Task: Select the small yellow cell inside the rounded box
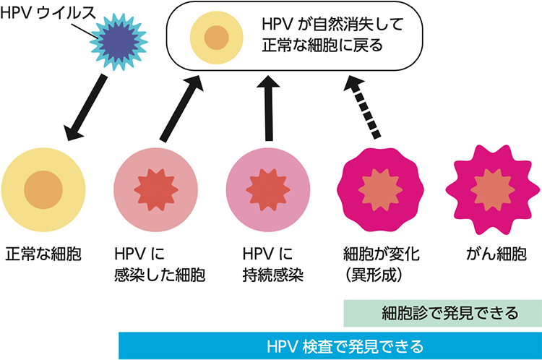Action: (x=215, y=37)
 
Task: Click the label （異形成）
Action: (x=378, y=275)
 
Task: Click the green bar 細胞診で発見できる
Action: (x=441, y=313)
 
